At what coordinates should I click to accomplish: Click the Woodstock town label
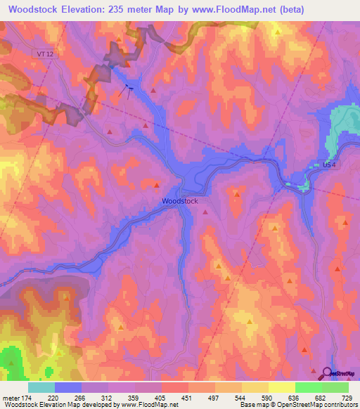[x=180, y=201]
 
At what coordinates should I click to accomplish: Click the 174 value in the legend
[x=26, y=397]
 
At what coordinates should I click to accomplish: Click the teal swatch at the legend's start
[x=41, y=387]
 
